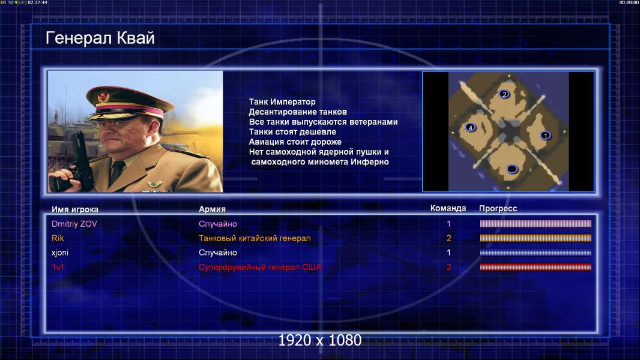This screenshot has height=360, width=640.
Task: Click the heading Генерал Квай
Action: click(x=100, y=38)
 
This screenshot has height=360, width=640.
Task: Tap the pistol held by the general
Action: click(x=80, y=159)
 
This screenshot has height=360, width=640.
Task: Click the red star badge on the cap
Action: click(x=103, y=97)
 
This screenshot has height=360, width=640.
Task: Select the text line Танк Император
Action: click(x=282, y=102)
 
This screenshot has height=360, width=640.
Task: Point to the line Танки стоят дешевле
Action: click(x=292, y=131)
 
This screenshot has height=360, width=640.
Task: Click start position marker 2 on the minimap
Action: click(x=504, y=94)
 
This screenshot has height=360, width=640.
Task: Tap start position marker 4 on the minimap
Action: click(x=471, y=128)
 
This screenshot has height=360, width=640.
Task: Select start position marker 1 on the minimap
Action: click(x=545, y=136)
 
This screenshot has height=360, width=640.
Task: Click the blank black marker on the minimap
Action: click(x=512, y=169)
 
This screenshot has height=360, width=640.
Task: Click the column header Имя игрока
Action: click(x=74, y=209)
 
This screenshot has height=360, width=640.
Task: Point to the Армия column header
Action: click(x=213, y=209)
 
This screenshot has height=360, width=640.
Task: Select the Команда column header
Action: click(x=448, y=208)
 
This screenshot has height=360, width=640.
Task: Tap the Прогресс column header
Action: click(x=498, y=209)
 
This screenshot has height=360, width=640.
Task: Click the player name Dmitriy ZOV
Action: click(x=74, y=224)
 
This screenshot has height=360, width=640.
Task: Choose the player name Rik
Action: click(x=58, y=238)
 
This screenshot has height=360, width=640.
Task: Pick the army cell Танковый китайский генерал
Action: click(x=255, y=238)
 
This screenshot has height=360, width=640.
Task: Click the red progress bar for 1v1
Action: click(x=536, y=268)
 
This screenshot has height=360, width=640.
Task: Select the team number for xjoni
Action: click(x=448, y=253)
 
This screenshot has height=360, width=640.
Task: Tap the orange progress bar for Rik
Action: click(x=536, y=238)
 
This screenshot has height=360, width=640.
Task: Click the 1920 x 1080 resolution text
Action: click(x=319, y=340)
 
